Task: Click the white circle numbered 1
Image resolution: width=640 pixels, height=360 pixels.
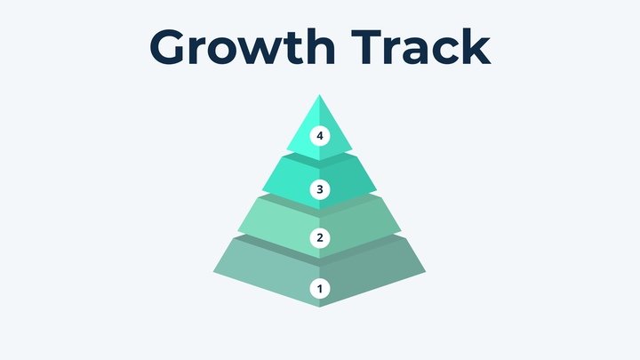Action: click(320, 288)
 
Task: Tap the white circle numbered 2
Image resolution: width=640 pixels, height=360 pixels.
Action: click(320, 237)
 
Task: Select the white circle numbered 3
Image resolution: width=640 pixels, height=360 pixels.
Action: click(320, 188)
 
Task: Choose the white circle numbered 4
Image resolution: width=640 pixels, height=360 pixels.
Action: click(320, 136)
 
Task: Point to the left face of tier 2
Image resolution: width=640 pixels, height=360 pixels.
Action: click(280, 222)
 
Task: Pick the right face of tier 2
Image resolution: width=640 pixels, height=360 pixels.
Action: click(360, 222)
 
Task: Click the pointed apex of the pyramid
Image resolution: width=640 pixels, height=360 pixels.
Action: click(320, 96)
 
